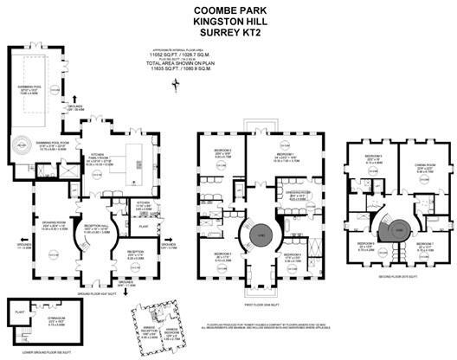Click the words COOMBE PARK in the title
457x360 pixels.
(x=228, y=10)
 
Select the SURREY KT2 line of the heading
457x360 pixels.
(x=228, y=33)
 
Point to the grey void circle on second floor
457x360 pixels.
(x=399, y=231)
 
